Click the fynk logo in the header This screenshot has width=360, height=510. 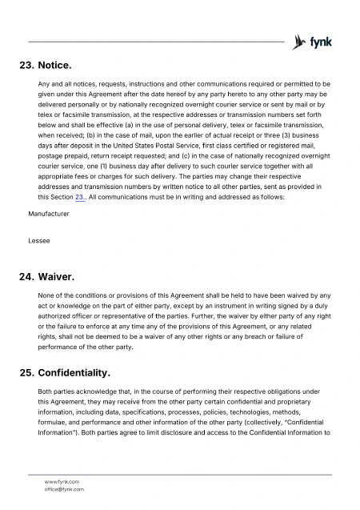[x=313, y=42]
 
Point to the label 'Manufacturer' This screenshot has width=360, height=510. [x=49, y=215]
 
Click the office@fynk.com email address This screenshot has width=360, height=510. [x=64, y=489]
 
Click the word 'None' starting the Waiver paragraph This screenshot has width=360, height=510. [x=47, y=296]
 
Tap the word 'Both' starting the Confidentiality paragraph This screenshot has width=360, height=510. [x=46, y=391]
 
